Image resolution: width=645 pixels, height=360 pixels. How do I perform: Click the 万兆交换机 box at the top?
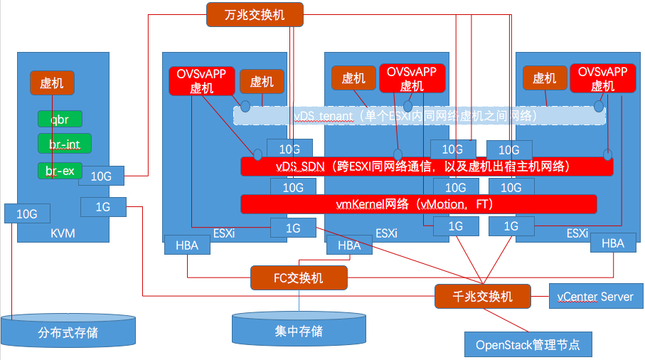click(x=255, y=14)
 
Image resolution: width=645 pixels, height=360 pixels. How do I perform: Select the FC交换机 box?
click(x=299, y=277)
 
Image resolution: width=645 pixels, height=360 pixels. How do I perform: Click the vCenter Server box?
click(x=596, y=296)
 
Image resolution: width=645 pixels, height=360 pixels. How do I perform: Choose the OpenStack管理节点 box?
click(x=528, y=344)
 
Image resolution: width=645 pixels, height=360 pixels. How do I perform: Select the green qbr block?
click(x=60, y=119)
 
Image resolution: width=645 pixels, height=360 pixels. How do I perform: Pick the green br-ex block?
click(x=60, y=171)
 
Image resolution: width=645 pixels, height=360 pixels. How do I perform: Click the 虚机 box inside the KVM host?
click(x=52, y=83)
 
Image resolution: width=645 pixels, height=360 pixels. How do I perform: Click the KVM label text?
click(x=63, y=233)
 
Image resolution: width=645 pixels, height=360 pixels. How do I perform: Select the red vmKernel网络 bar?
click(x=418, y=204)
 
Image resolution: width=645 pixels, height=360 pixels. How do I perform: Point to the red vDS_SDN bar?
click(x=427, y=166)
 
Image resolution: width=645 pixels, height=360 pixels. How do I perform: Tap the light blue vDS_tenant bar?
click(x=420, y=115)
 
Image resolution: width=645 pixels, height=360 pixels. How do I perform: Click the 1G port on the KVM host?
click(x=102, y=207)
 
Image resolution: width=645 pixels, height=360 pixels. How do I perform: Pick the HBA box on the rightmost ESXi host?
click(x=612, y=243)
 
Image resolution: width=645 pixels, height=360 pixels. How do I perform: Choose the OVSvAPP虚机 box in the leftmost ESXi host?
click(x=201, y=80)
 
